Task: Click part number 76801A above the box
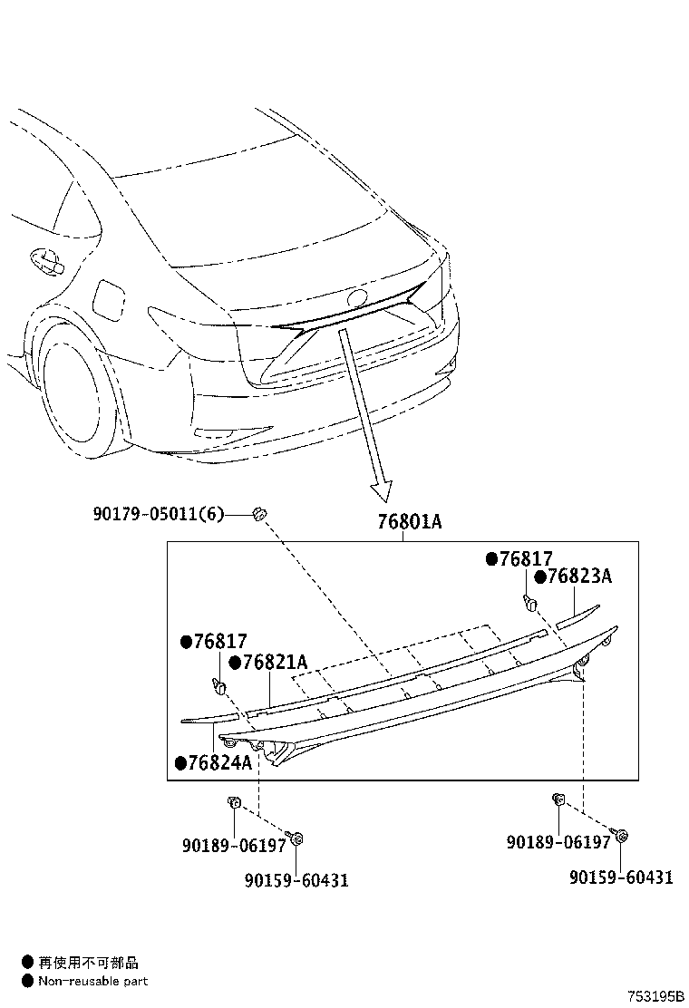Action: pos(408,522)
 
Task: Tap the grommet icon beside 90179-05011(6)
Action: pos(258,514)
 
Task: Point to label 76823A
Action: pos(580,577)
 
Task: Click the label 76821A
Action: pos(275,664)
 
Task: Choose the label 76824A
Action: pos(219,763)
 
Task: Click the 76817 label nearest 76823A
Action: pos(526,559)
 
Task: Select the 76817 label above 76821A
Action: pos(220,642)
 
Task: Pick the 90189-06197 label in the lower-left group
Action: pos(234,845)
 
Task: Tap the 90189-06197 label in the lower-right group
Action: pos(558,842)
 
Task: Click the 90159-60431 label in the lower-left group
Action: pos(296,879)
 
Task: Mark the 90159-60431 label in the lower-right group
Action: pos(621,877)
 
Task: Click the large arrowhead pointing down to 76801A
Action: pos(382,490)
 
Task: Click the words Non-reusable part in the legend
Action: pos(92,981)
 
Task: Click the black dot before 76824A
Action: pos(180,763)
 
